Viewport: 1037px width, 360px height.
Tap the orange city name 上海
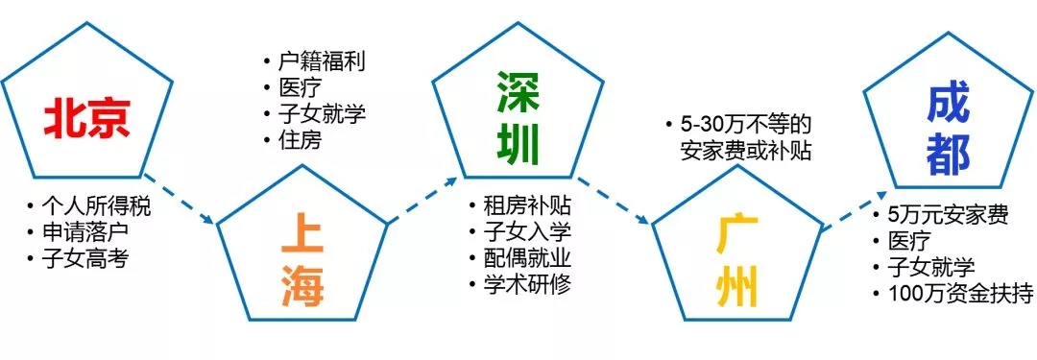303,260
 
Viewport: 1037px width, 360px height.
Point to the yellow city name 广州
736,260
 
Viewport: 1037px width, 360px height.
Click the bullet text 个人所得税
96,205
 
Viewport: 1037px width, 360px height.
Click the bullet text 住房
297,139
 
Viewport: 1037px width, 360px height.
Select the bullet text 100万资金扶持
958,293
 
